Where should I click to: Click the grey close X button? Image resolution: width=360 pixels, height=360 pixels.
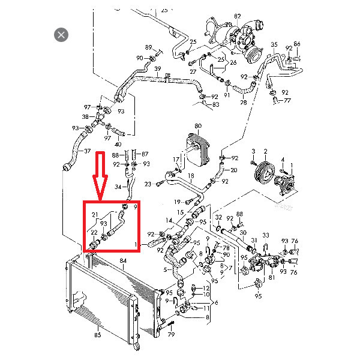[61, 35]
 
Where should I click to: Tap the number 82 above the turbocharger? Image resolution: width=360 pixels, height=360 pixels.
[237, 16]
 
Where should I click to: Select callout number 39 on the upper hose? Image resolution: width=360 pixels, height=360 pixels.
[157, 69]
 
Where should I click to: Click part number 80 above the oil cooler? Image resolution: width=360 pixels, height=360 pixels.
[197, 126]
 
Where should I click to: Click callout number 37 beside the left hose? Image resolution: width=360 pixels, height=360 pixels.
[87, 151]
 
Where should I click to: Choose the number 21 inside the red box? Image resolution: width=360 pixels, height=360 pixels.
[94, 215]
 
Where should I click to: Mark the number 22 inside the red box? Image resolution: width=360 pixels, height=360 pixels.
[94, 232]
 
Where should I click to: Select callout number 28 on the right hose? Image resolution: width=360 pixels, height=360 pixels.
[243, 103]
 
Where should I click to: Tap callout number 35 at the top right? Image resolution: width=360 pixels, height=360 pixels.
[274, 45]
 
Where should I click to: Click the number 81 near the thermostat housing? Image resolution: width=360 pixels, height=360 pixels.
[272, 277]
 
